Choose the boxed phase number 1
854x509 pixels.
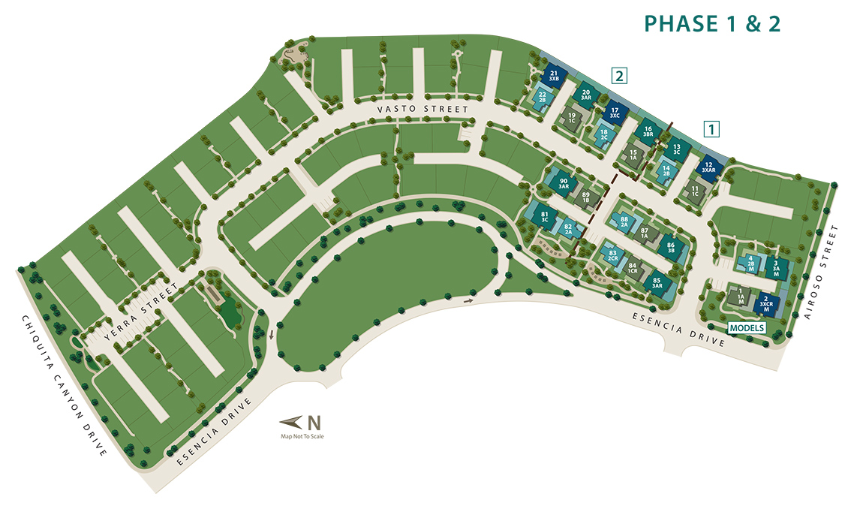coord(711,128)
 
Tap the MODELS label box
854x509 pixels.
coord(747,328)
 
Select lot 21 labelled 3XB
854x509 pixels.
coord(555,75)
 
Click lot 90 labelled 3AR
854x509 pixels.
coord(564,182)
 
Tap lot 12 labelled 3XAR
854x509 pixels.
coord(708,168)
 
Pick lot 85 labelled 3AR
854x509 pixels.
coord(657,283)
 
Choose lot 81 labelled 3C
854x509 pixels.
coord(545,218)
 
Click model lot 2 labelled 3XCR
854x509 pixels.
coord(766,303)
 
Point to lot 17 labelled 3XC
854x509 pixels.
coord(615,113)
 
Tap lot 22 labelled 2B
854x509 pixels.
coord(542,97)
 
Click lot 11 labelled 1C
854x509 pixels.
coord(694,191)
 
